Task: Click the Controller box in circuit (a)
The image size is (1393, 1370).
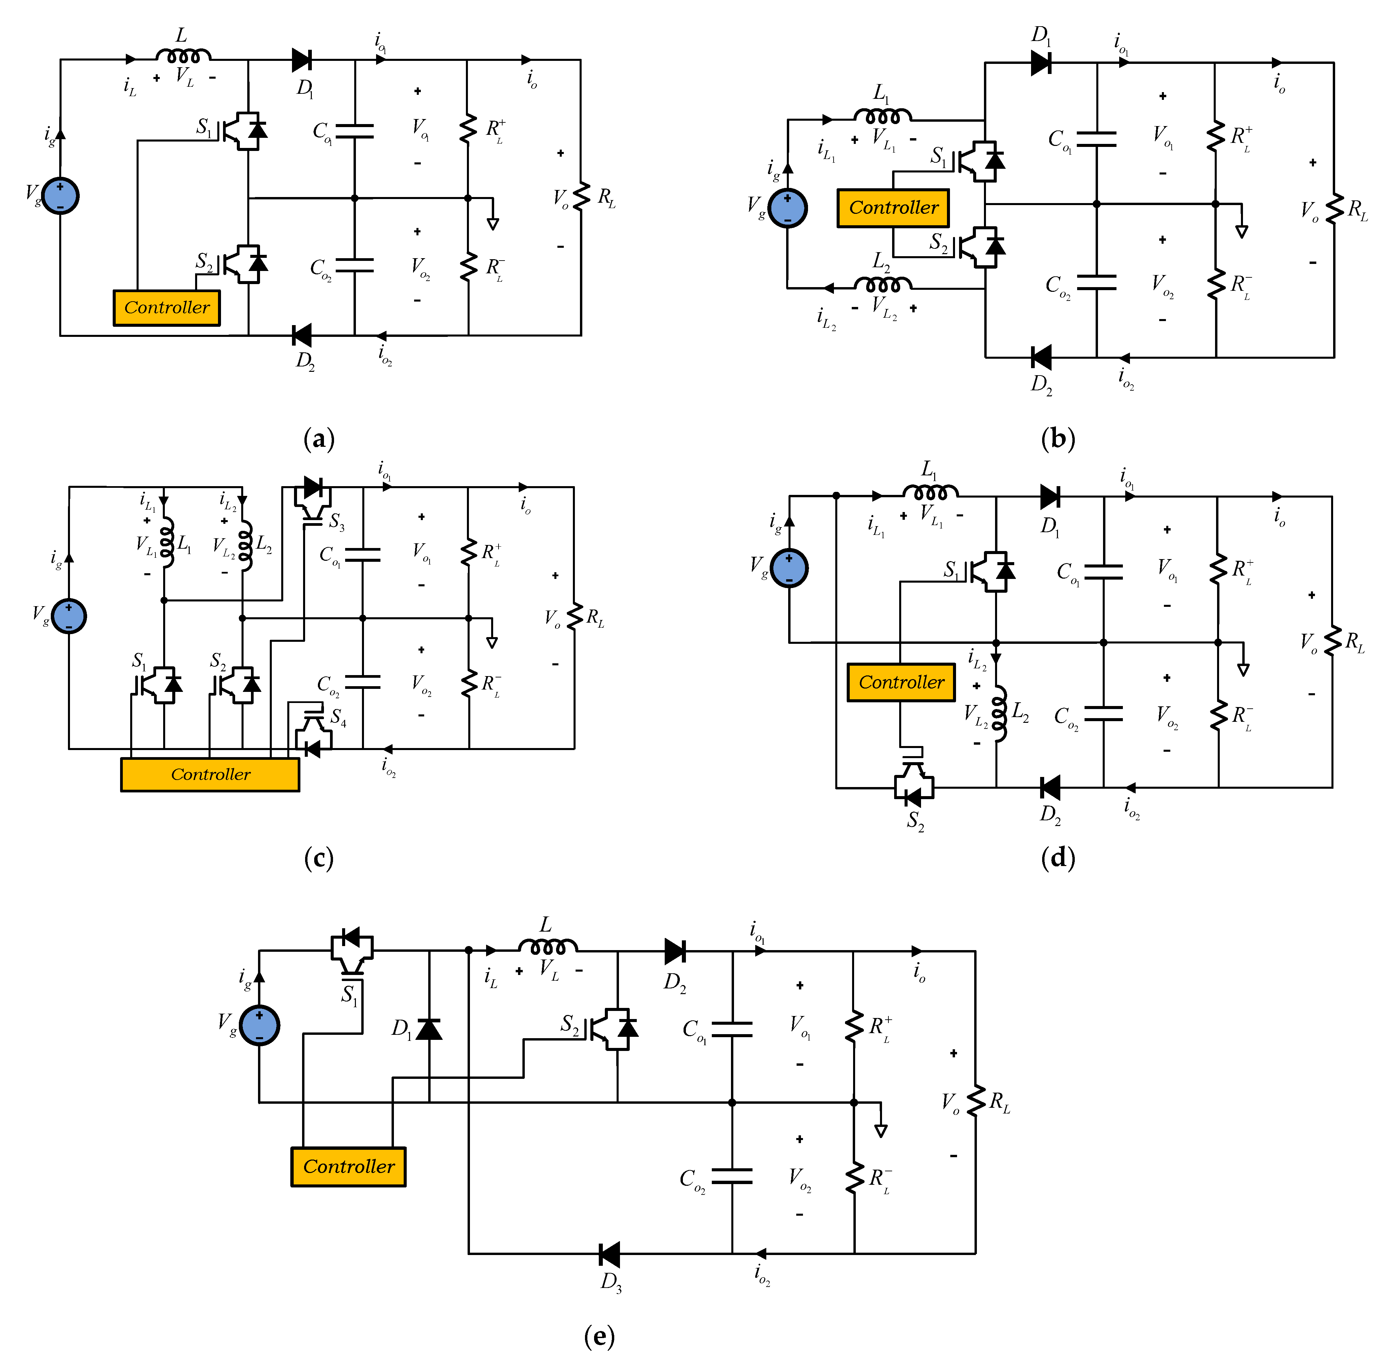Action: (x=166, y=308)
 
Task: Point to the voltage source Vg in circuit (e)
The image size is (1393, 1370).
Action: (x=259, y=1025)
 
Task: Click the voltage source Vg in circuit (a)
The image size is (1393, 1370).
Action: (x=61, y=196)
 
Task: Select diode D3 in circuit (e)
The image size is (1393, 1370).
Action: (x=609, y=1254)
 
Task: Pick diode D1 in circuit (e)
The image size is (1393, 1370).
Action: (x=429, y=1029)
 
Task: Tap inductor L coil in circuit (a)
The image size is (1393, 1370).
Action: (x=184, y=55)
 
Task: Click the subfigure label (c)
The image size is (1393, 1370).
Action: (x=318, y=858)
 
